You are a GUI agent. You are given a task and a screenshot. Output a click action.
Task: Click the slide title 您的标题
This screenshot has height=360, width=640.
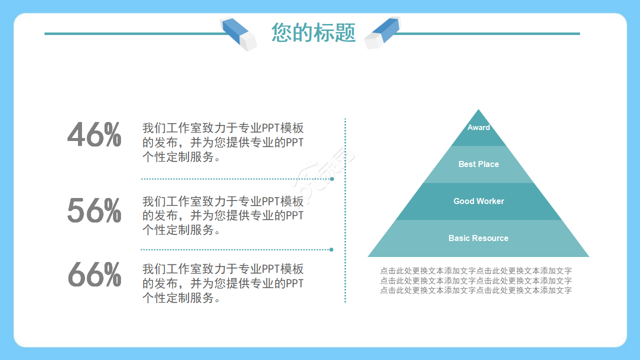tap(313, 33)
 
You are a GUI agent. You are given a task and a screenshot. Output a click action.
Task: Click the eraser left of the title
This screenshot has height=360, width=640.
tap(238, 33)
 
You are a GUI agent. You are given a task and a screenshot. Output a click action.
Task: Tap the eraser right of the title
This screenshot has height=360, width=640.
tap(382, 32)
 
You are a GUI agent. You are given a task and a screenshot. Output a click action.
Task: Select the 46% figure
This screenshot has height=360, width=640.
tap(94, 135)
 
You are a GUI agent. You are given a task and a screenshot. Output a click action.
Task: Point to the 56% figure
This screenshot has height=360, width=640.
tap(94, 210)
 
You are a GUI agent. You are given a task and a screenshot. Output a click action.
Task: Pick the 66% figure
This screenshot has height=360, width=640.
tap(94, 274)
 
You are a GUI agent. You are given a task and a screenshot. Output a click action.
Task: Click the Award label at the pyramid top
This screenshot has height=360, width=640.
tap(478, 127)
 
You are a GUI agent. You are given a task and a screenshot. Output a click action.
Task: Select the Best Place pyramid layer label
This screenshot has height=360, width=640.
tap(478, 164)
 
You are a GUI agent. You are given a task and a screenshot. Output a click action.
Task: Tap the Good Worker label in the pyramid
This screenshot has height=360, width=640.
tap(478, 201)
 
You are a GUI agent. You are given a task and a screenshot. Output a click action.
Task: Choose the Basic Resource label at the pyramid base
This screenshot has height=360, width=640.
tap(478, 238)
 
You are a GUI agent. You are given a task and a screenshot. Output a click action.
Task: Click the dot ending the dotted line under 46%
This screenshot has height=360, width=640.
tap(332, 178)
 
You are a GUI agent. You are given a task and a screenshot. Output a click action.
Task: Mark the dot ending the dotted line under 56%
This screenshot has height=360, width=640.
tap(331, 249)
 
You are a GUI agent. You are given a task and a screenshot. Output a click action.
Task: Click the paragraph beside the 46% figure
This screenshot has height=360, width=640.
tap(223, 142)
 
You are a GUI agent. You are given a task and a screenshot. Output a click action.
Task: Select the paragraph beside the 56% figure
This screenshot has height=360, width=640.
tap(223, 215)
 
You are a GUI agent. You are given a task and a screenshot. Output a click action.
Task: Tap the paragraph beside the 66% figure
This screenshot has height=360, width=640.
tap(223, 283)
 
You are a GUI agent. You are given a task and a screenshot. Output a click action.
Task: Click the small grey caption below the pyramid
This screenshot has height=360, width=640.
tap(476, 280)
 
